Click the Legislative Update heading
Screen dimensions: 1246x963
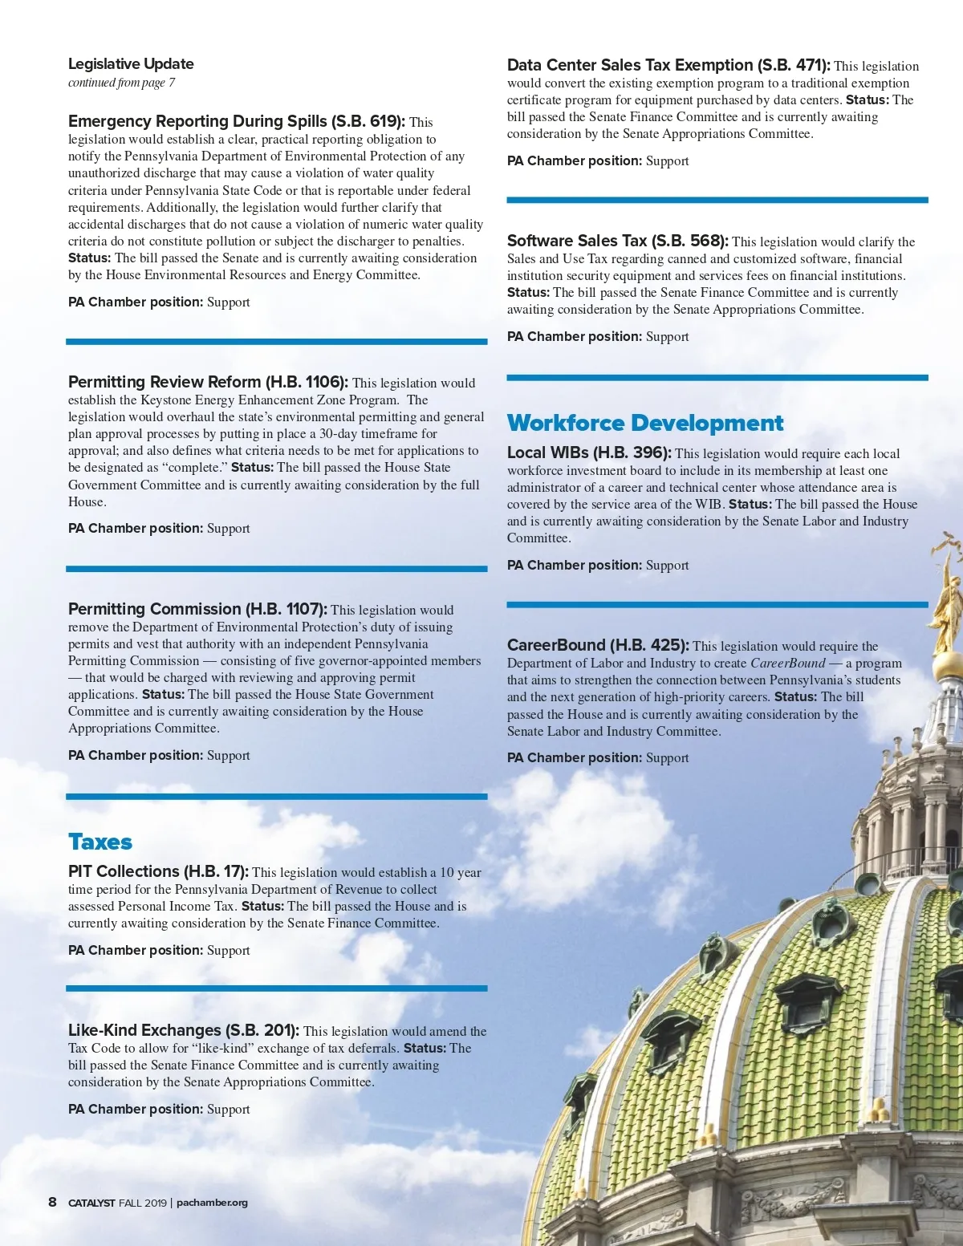pyautogui.click(x=131, y=64)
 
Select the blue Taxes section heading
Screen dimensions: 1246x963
pyautogui.click(x=100, y=842)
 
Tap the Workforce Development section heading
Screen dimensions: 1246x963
pyautogui.click(x=645, y=423)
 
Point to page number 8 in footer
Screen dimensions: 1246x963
pyautogui.click(x=52, y=1202)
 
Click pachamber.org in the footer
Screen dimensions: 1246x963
pyautogui.click(x=212, y=1203)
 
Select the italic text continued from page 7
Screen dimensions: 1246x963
pyautogui.click(x=121, y=83)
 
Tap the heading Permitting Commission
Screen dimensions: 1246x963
pyautogui.click(x=154, y=609)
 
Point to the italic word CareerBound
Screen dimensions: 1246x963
pyautogui.click(x=787, y=664)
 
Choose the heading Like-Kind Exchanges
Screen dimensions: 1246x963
pyautogui.click(x=144, y=1030)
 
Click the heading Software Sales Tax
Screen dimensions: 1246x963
pyautogui.click(x=577, y=241)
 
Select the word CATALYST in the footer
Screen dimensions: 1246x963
pyautogui.click(x=91, y=1203)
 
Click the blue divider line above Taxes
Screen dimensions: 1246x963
pyautogui.click(x=276, y=797)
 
